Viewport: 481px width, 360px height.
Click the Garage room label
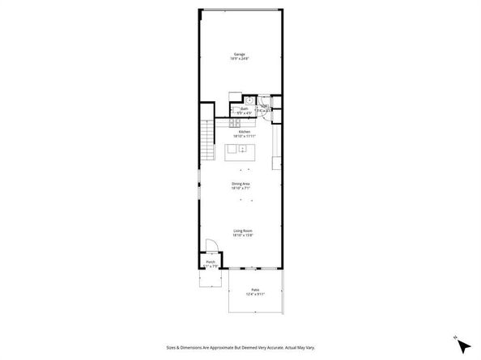click(239, 54)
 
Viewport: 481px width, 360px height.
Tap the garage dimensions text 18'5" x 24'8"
click(239, 59)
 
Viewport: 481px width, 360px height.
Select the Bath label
click(244, 108)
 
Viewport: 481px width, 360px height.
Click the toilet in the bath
click(234, 112)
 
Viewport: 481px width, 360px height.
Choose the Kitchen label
click(244, 132)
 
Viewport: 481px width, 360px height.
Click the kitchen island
click(240, 151)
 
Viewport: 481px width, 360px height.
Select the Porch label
click(211, 261)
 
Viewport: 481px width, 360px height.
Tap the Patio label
click(254, 289)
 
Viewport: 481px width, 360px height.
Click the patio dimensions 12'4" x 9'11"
click(254, 294)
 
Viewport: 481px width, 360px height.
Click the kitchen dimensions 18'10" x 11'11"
click(244, 137)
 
